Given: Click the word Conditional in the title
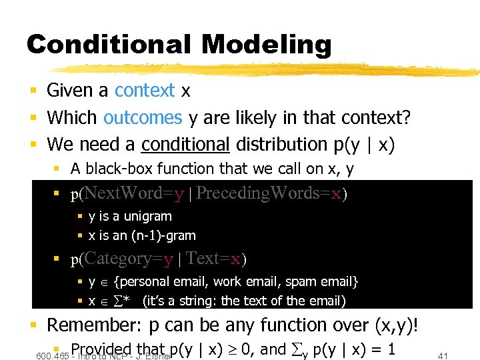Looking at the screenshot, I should (x=110, y=45).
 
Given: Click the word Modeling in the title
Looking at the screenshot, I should (x=266, y=45).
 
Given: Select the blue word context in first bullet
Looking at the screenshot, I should (x=145, y=90).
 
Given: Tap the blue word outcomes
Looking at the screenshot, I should (x=143, y=118).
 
